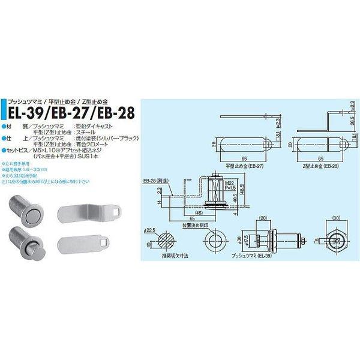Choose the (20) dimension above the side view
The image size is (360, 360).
[x=262, y=218]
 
